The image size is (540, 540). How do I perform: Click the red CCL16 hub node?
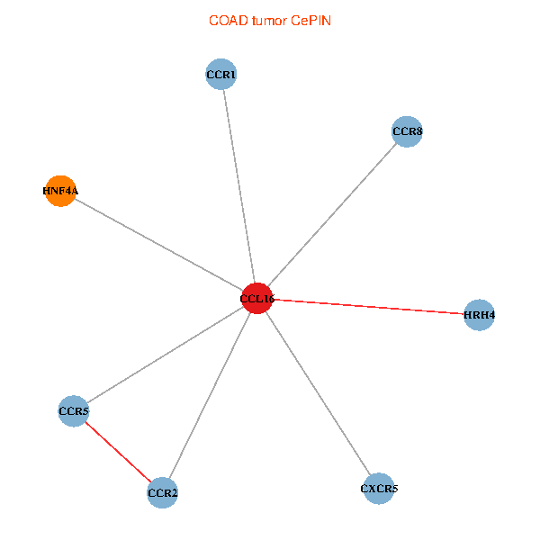pyautogui.click(x=257, y=298)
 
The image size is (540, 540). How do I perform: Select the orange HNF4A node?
pyautogui.click(x=60, y=191)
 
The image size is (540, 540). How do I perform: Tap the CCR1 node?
pyautogui.click(x=221, y=75)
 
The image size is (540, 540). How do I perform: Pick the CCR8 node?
pyautogui.click(x=407, y=132)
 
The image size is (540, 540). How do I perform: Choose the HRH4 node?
pyautogui.click(x=479, y=315)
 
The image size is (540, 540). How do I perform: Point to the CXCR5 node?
pyautogui.click(x=379, y=489)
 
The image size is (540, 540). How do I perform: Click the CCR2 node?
pyautogui.click(x=163, y=492)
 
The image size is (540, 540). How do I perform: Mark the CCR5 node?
pyautogui.click(x=73, y=411)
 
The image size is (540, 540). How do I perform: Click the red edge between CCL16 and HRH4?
pyautogui.click(x=368, y=307)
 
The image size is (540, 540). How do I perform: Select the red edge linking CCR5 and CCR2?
pyautogui.click(x=118, y=452)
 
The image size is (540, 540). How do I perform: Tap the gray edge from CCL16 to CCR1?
pyautogui.click(x=239, y=186)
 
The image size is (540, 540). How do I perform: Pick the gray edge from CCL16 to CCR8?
pyautogui.click(x=332, y=215)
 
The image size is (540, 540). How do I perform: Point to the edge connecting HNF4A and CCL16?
pyautogui.click(x=158, y=244)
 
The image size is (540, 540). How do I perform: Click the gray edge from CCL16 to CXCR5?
pyautogui.click(x=318, y=393)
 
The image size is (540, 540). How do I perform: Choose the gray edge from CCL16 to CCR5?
pyautogui.click(x=166, y=355)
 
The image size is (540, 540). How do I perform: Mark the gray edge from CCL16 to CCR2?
pyautogui.click(x=211, y=395)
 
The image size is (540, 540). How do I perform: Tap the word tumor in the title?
pyautogui.click(x=270, y=21)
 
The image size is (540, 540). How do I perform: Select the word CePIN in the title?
pyautogui.click(x=310, y=21)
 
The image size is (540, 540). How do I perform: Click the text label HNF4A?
pyautogui.click(x=60, y=191)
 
